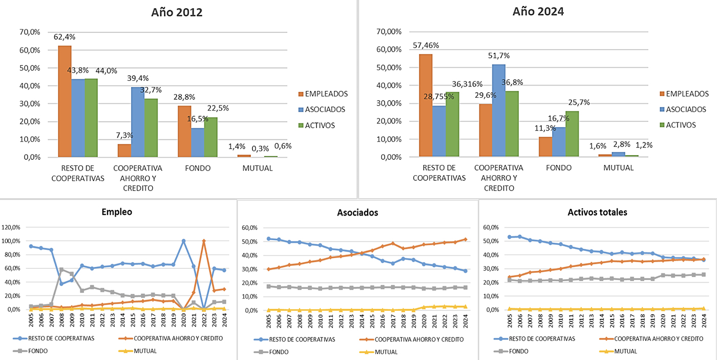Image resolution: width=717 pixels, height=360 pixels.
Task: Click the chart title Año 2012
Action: click(177, 12)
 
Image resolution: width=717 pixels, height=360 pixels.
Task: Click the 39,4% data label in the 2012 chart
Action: click(138, 78)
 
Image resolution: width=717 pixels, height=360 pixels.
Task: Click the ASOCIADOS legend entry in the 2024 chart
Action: click(684, 109)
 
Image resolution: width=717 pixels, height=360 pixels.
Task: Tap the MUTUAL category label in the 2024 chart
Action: click(619, 167)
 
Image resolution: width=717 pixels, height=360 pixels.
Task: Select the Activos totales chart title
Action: click(597, 212)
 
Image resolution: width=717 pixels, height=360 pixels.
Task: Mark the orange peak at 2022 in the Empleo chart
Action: click(204, 241)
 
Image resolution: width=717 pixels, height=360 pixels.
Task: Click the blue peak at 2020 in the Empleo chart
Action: click(184, 241)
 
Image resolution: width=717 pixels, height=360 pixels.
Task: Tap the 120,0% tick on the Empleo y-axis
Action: click(11, 227)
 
